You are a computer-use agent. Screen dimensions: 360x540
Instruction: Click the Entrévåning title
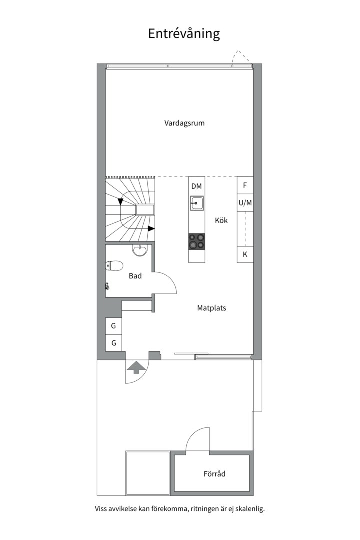coord(184,34)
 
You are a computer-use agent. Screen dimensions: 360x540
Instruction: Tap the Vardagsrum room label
coord(184,123)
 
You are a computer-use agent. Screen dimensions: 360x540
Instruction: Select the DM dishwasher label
coord(196,186)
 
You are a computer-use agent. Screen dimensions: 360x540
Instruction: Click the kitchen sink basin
coord(196,203)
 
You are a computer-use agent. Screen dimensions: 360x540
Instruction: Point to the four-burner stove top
coord(196,241)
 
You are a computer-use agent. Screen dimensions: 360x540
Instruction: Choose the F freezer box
coord(245,185)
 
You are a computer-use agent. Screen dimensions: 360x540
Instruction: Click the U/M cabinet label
coord(245,203)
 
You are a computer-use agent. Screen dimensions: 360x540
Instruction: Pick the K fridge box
coord(245,255)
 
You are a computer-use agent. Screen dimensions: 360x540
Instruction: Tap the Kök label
coord(221,220)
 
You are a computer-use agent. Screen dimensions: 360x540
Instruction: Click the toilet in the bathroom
coord(114,266)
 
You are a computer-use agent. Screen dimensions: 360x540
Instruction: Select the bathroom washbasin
coord(140,250)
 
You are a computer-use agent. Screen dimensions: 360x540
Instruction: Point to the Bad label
coord(135,276)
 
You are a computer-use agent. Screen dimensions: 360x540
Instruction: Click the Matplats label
coord(212,308)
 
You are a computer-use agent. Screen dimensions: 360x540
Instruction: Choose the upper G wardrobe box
coord(113,326)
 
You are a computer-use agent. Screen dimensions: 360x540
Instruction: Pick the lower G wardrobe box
coord(113,343)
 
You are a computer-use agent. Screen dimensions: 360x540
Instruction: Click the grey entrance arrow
coord(137,367)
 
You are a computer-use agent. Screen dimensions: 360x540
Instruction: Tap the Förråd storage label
coord(214,474)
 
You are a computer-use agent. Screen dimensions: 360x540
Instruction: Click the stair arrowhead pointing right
coord(151,228)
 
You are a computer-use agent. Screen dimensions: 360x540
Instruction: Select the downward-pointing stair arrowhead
coord(120,202)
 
